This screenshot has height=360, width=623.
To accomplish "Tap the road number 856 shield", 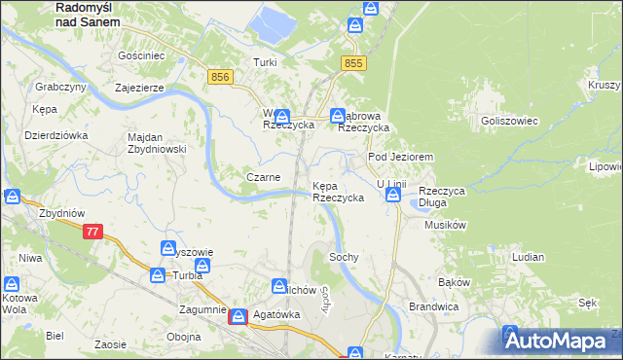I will coord(220,76).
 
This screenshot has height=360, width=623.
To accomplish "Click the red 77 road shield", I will coord(92,232).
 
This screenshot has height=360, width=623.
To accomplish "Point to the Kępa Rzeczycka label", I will coord(338,191).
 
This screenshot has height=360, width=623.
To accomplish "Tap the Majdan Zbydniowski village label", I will coord(157,143).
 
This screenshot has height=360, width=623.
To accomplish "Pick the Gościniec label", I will coord(141,56).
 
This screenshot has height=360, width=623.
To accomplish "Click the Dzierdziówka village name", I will coord(55,135).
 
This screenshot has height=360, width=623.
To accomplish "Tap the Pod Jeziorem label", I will coord(399,157).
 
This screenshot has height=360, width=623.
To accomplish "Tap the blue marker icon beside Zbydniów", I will coord(14,196).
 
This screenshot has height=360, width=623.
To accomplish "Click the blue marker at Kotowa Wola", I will coord(12,284).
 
